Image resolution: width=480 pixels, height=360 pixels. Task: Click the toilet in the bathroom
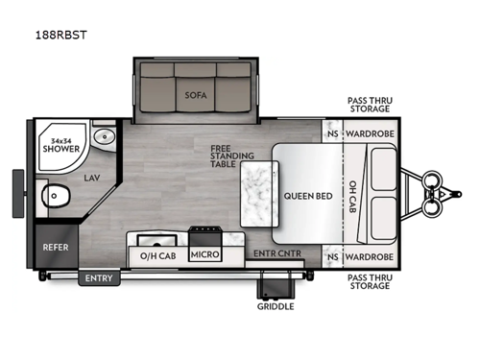(60, 199)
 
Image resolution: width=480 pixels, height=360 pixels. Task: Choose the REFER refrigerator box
(55, 247)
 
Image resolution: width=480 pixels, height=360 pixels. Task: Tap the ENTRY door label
(98, 278)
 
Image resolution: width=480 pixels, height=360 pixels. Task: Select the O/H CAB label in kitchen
(156, 254)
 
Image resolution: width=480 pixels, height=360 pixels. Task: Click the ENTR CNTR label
(273, 253)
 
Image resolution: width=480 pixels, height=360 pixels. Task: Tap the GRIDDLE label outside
(275, 307)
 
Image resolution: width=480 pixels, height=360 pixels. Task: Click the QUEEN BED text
(307, 196)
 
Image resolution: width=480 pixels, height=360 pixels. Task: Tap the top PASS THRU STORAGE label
(371, 106)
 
